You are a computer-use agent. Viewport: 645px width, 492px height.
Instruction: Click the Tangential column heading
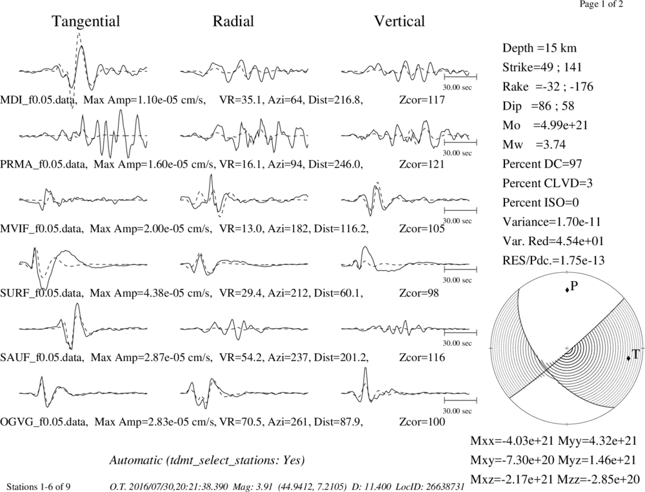click(x=86, y=21)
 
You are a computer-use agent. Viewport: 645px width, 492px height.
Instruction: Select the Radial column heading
click(x=233, y=21)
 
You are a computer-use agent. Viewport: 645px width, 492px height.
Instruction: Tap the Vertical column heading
click(x=399, y=21)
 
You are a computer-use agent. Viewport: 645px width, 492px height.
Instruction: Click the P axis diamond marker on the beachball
click(x=567, y=290)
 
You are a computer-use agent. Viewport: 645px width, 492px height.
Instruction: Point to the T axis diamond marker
click(x=628, y=359)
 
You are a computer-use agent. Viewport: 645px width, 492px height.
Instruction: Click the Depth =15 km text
click(x=539, y=48)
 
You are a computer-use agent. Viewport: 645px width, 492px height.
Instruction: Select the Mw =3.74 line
click(x=534, y=144)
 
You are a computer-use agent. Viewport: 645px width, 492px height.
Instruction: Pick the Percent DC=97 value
click(x=542, y=164)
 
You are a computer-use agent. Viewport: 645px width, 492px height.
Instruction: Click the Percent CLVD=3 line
click(x=548, y=183)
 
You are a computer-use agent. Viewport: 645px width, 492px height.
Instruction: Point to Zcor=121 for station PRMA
click(x=422, y=164)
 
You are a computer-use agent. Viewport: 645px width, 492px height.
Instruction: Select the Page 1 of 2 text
click(x=601, y=5)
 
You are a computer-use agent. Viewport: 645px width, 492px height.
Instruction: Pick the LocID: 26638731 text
click(x=430, y=487)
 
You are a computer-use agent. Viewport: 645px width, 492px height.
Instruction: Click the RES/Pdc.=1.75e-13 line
click(x=553, y=261)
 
